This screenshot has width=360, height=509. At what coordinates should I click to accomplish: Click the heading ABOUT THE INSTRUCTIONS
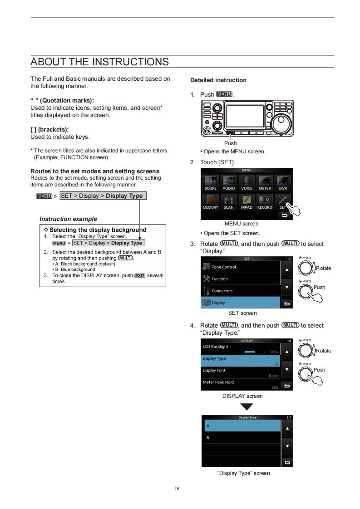pos(99,62)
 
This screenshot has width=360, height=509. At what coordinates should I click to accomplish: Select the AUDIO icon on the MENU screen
pos(228,183)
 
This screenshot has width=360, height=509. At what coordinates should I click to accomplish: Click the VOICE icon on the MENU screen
pos(247,183)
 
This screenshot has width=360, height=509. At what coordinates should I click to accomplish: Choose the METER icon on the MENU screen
pos(265,183)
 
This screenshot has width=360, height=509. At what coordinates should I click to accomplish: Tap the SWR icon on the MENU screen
pos(282,183)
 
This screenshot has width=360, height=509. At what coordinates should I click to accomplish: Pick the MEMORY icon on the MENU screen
pos(210,202)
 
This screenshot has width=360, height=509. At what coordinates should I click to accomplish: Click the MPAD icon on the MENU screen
pos(247,202)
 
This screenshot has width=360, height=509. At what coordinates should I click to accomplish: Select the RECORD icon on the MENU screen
pos(265,202)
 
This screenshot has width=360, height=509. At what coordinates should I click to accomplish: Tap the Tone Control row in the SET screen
pos(241,267)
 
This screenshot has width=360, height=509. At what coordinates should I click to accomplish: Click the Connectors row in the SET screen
pos(241,291)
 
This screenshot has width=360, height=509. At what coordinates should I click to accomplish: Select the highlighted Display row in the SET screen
pos(241,303)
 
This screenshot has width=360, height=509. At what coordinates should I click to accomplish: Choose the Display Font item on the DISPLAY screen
pos(241,372)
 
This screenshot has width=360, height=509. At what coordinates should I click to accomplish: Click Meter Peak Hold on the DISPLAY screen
pos(241,384)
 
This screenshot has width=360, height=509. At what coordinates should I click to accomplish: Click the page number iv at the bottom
pos(178,488)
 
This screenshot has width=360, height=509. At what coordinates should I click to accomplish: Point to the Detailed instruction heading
pos(218,80)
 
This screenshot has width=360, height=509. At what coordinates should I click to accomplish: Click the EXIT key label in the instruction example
pos(140,276)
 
